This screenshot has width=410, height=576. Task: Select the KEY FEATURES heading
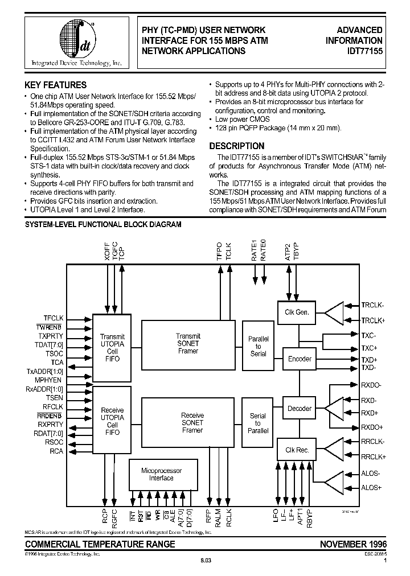click(55, 85)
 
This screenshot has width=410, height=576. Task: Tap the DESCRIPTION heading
click(237, 146)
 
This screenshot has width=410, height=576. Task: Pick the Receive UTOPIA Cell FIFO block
click(112, 421)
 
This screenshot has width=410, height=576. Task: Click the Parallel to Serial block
click(258, 346)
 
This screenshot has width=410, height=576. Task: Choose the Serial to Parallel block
click(258, 423)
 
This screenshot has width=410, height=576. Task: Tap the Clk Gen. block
click(297, 312)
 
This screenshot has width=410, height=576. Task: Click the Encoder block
click(300, 359)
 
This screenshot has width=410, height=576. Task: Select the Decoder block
click(300, 408)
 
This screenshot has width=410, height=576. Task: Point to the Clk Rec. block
click(297, 450)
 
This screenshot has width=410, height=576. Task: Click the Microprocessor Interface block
click(161, 475)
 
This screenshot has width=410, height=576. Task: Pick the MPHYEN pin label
click(48, 380)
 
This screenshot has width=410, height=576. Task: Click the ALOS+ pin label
click(371, 488)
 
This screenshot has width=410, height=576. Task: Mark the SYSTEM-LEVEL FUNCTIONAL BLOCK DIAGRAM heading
click(102, 225)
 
